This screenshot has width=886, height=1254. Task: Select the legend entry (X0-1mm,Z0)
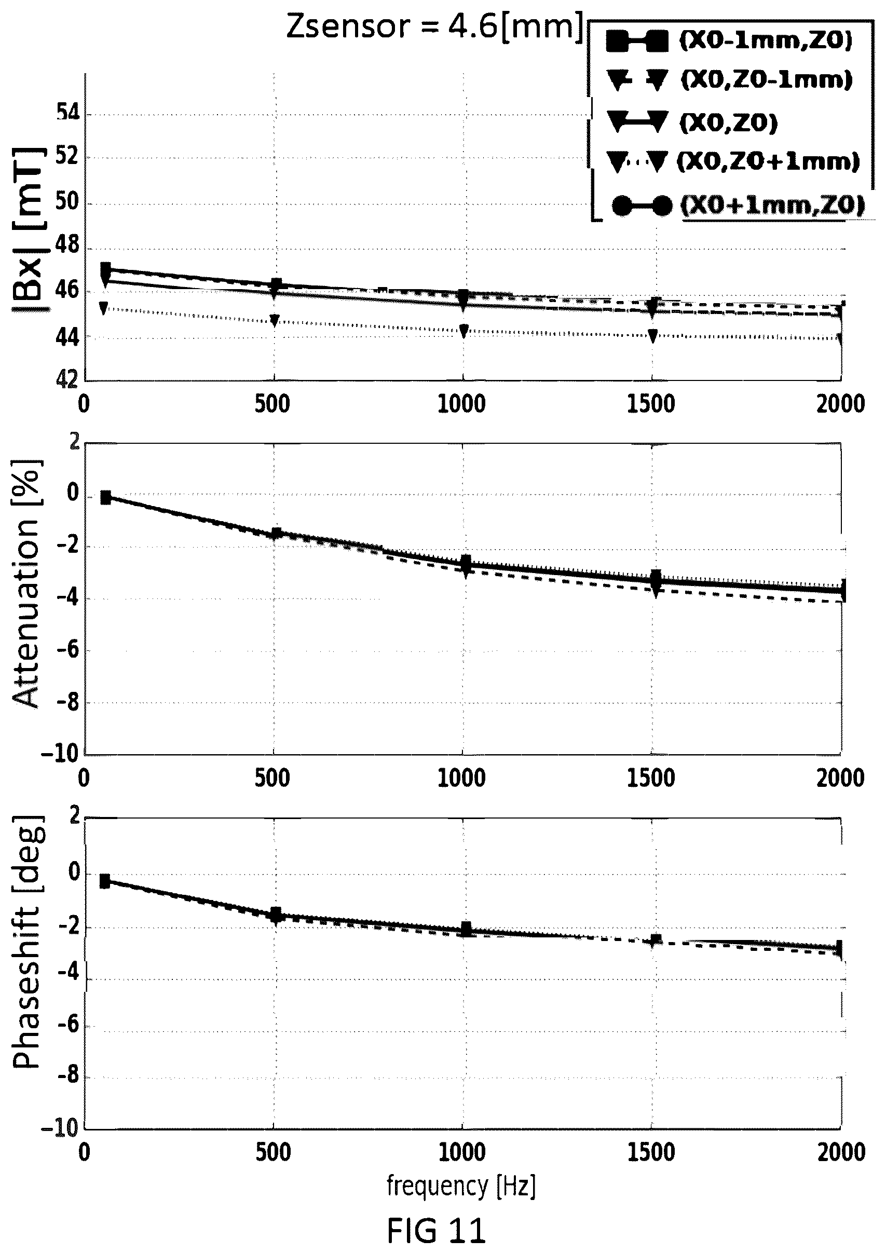pos(730,42)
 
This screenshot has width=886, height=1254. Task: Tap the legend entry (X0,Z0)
pos(692,122)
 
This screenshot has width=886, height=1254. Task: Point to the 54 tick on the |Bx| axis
pos(67,114)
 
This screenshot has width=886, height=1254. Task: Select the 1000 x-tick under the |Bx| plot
pos(461,404)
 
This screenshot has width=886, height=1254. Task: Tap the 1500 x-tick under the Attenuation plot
pos(650,778)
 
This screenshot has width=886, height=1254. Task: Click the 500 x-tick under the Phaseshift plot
pos(272,1152)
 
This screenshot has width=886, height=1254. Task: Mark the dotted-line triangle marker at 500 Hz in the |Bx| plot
pos(275,320)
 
